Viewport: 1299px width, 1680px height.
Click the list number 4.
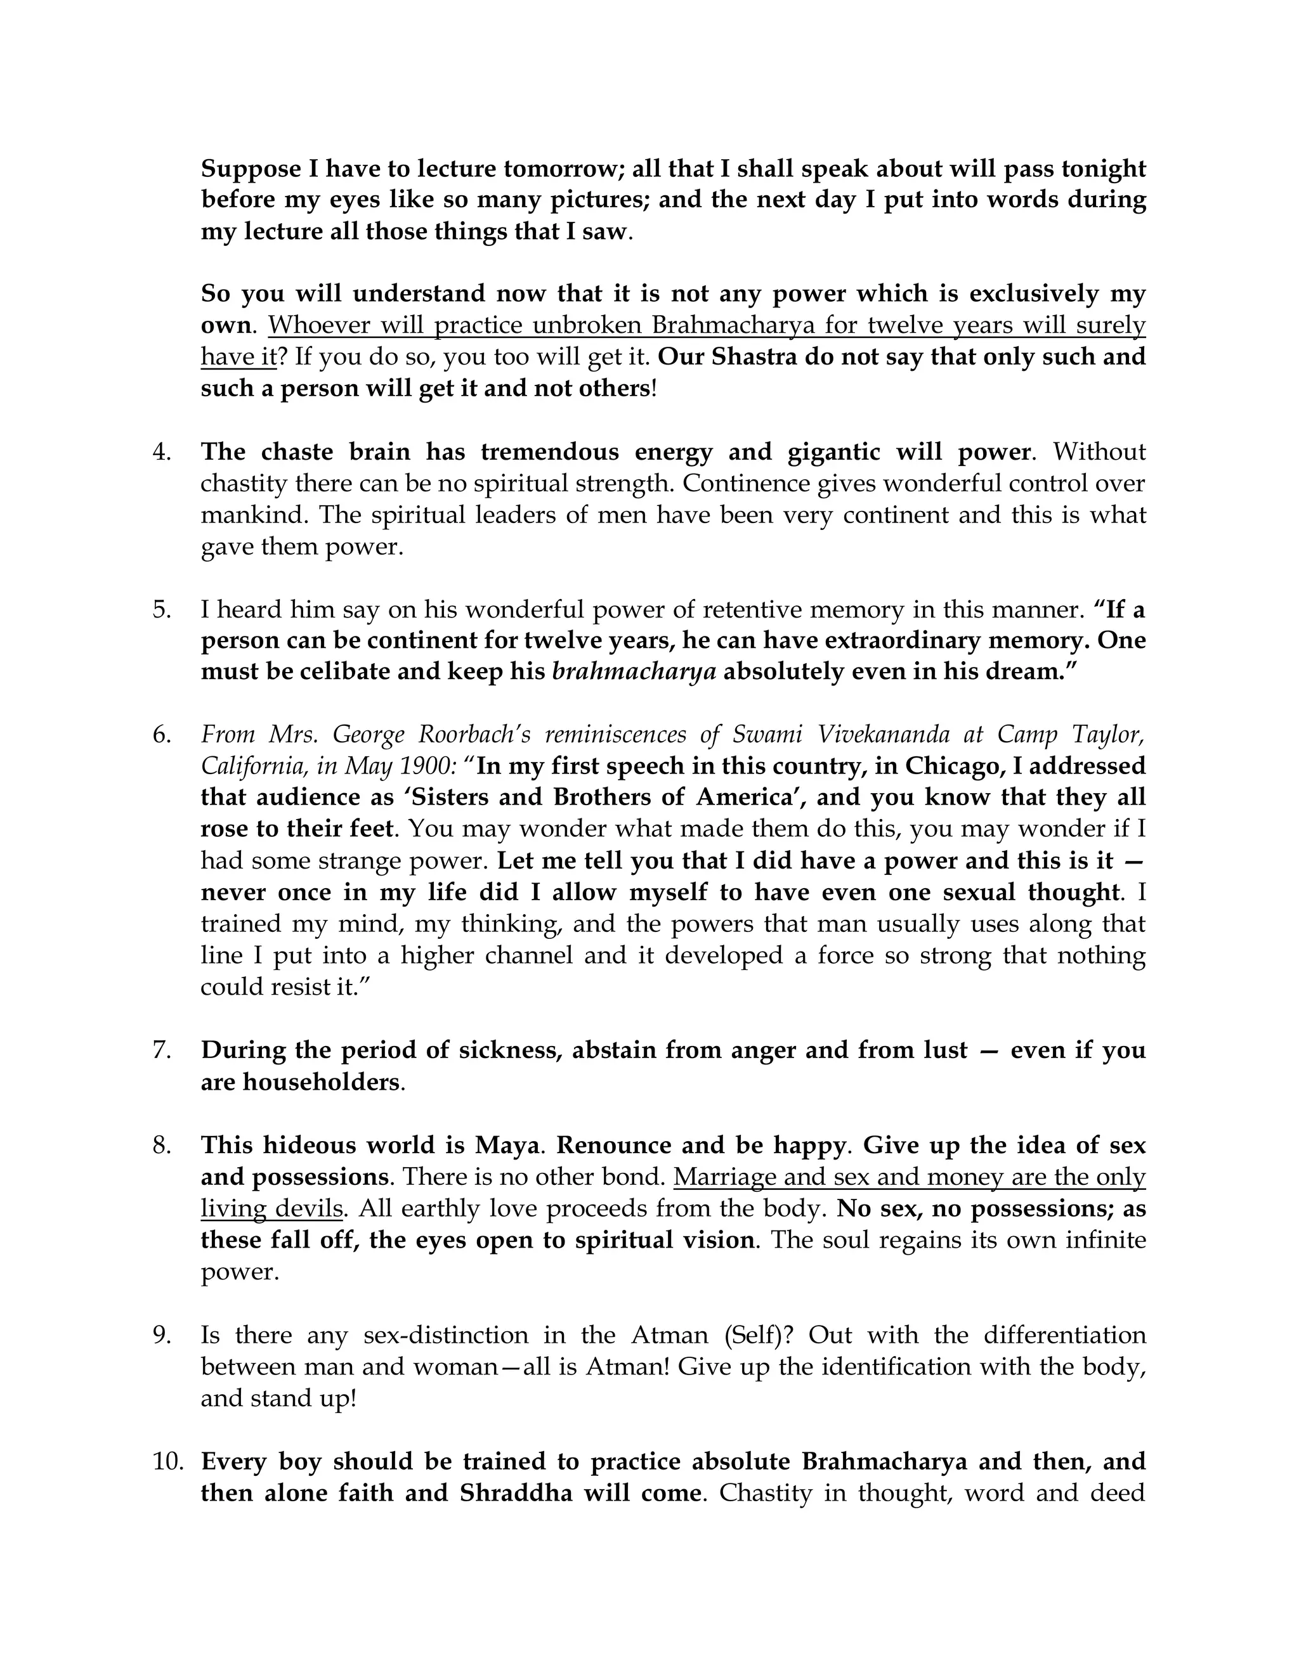click(162, 451)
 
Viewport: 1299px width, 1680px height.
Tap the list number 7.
click(162, 1050)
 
